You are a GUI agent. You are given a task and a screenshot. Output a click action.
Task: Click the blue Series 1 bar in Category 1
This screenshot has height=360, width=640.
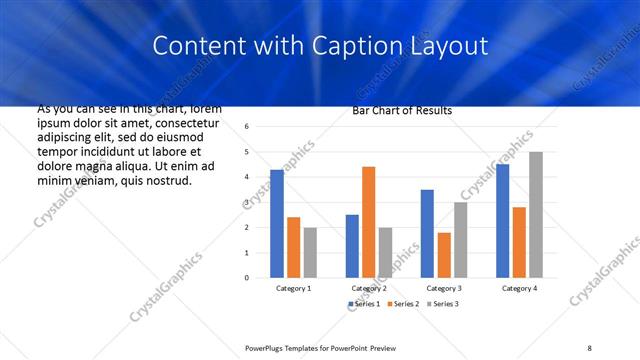pyautogui.click(x=277, y=223)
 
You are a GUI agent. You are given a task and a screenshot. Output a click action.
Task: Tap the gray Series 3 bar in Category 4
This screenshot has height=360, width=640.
pyautogui.click(x=536, y=214)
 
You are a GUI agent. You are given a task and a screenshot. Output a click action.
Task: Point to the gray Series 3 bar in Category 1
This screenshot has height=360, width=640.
pyautogui.click(x=310, y=252)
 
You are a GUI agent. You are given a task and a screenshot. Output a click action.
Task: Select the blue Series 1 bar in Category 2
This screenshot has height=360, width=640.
pyautogui.click(x=352, y=245)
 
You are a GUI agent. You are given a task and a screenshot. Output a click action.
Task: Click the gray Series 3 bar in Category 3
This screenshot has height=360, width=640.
pyautogui.click(x=460, y=239)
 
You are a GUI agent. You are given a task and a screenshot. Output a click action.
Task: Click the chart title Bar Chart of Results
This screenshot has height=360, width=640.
pyautogui.click(x=402, y=110)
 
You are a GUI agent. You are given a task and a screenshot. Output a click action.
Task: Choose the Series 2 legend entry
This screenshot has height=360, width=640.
pyautogui.click(x=402, y=303)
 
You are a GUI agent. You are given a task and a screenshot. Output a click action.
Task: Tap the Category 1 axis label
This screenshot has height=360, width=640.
pyautogui.click(x=293, y=288)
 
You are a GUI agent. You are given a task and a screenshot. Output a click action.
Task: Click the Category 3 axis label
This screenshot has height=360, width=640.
pyautogui.click(x=444, y=288)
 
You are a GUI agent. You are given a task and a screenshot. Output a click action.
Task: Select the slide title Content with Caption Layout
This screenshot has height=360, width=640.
pyautogui.click(x=319, y=46)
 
